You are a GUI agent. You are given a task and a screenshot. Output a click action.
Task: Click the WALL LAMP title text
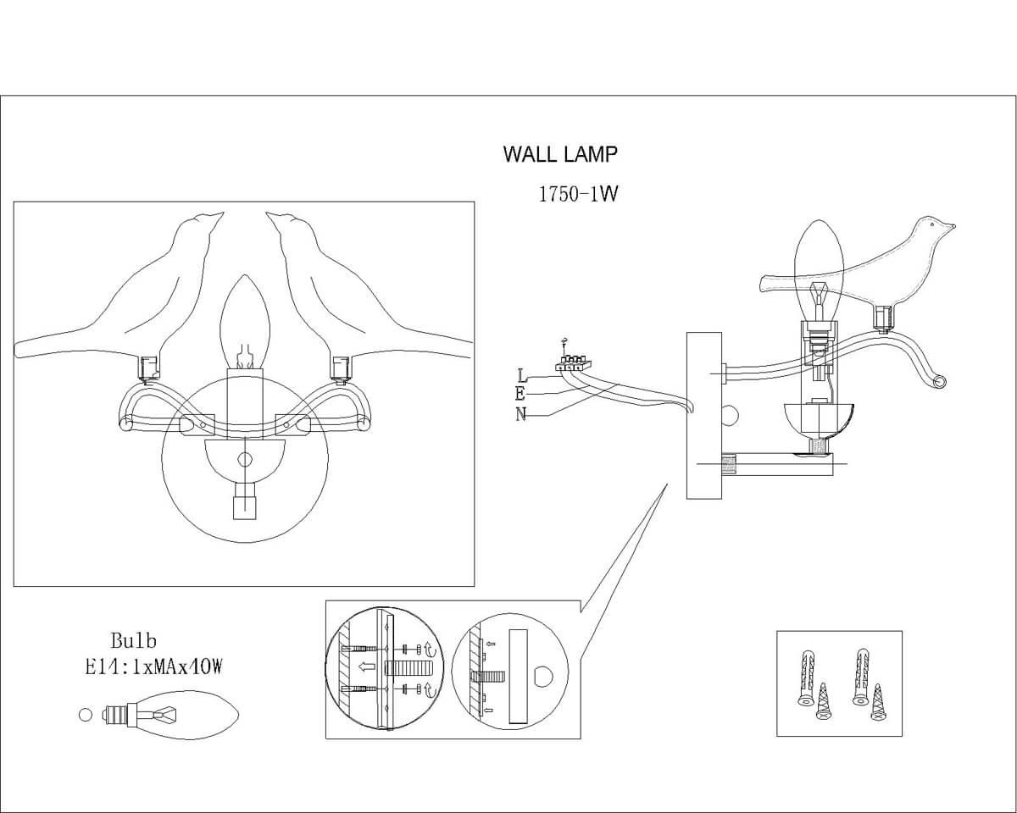(560, 154)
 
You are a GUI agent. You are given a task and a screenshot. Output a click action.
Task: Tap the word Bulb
(134, 641)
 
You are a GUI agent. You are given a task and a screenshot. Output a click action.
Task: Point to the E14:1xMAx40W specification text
(153, 667)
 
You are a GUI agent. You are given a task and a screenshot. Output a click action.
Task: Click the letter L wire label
(520, 374)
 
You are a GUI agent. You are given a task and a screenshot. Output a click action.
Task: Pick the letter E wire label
(520, 394)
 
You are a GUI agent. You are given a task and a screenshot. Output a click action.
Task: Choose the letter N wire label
(520, 413)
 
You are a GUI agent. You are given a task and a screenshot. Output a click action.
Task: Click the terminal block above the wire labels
(570, 364)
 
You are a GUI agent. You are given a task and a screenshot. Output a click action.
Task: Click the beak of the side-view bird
(951, 226)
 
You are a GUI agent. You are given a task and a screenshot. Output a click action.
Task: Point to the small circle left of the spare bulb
(85, 714)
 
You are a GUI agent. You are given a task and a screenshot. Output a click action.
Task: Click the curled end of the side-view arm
(938, 382)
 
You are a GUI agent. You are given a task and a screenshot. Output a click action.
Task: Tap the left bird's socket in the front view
(150, 368)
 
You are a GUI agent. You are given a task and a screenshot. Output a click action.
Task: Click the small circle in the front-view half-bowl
(245, 459)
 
